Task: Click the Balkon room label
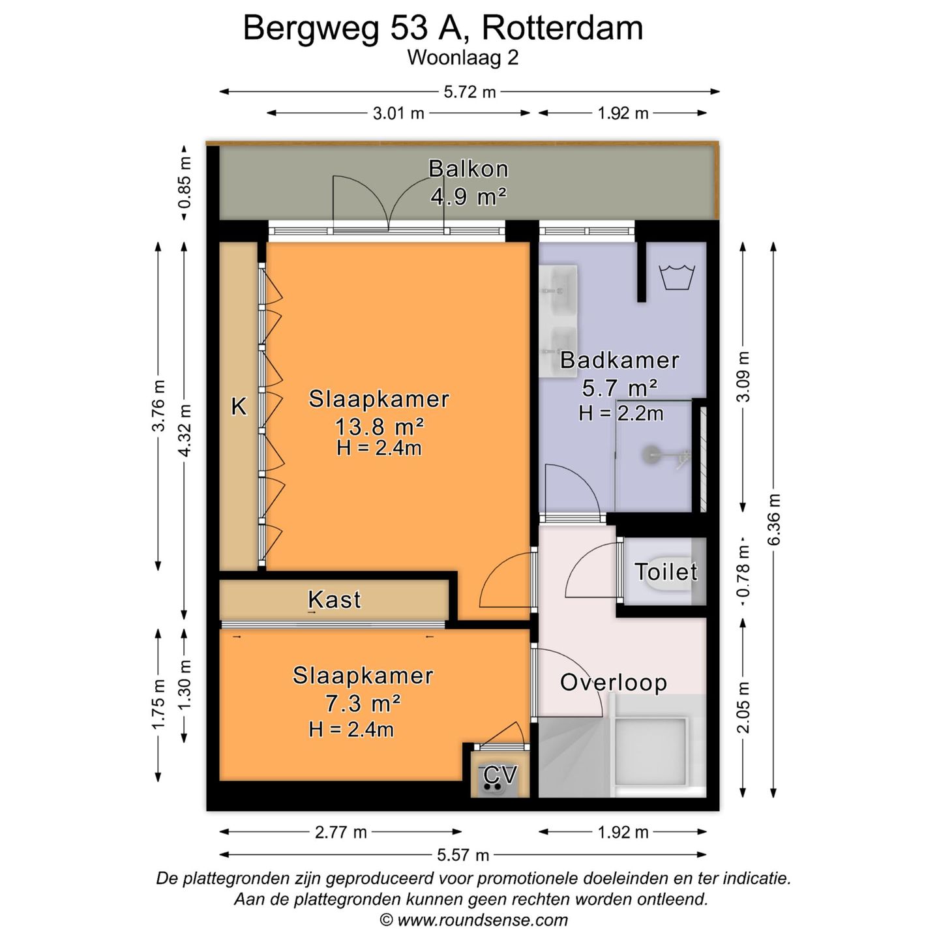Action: (468, 169)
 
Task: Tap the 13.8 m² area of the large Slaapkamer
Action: (380, 426)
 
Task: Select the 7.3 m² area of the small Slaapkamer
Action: (363, 704)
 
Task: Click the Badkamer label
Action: (619, 360)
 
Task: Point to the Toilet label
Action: (666, 572)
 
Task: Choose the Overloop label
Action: (614, 683)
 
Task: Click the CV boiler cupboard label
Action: (500, 775)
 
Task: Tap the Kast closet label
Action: (335, 599)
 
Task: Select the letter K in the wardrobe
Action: (239, 407)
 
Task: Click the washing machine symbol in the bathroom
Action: (678, 276)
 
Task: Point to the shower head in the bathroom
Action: (653, 454)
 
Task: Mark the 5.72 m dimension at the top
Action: (469, 92)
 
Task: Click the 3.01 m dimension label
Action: (398, 113)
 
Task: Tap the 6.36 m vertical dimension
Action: (774, 520)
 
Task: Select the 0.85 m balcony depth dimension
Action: (185, 183)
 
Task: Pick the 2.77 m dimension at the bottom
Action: (341, 832)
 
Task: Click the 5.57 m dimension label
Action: (463, 855)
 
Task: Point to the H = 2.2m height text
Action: (621, 413)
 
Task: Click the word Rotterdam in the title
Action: (563, 28)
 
